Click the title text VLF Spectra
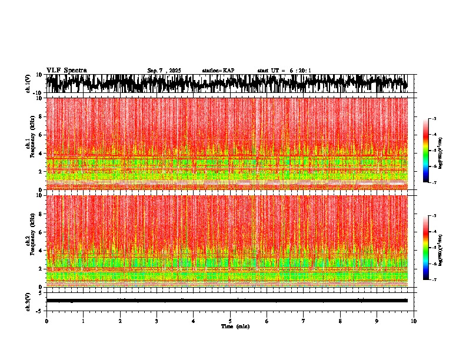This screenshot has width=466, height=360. coord(66,70)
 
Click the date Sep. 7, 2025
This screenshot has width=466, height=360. coord(164,71)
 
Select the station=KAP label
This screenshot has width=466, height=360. coord(218,71)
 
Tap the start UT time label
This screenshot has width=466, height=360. coord(284,71)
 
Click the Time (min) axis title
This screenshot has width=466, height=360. coord(235,326)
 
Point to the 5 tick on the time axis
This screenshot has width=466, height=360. coord(230,321)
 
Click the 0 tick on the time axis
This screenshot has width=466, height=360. coord(46,321)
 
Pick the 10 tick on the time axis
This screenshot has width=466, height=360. coord(414,321)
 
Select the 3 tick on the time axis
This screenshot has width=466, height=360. coord(157,321)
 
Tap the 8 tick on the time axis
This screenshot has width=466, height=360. coord(340,321)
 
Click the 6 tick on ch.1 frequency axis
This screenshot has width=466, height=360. coord(41,135)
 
